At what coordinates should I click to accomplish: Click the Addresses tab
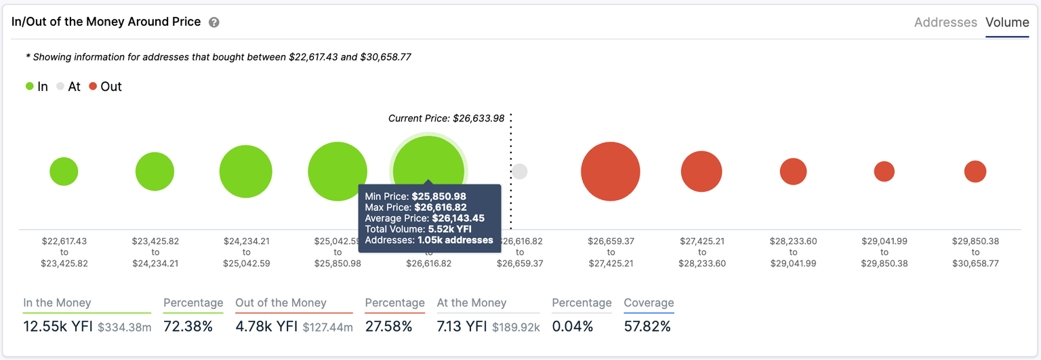[x=945, y=22]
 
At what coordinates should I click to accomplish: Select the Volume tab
[x=1007, y=22]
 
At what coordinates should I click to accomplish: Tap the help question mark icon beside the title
[x=214, y=22]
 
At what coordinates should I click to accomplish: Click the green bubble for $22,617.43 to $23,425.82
[x=64, y=172]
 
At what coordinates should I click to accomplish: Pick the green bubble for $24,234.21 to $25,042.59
[x=246, y=172]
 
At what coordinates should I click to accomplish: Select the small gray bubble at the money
[x=519, y=172]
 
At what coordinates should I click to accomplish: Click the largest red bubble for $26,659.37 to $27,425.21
[x=611, y=172]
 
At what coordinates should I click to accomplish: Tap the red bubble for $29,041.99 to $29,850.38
[x=884, y=172]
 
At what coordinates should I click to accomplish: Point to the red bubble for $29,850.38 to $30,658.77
[x=975, y=172]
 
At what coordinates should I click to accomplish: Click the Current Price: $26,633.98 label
[x=446, y=119]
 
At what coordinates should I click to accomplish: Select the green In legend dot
[x=30, y=87]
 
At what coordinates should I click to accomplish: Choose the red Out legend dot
[x=93, y=87]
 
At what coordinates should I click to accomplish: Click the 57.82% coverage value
[x=647, y=327]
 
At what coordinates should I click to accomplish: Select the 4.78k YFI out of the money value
[x=266, y=327]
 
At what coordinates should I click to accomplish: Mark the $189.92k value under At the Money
[x=516, y=328]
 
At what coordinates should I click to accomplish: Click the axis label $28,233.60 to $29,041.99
[x=793, y=252]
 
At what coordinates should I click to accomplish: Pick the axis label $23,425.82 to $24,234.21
[x=155, y=252]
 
